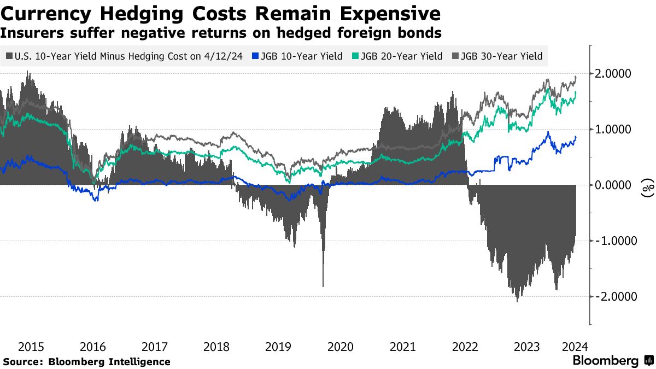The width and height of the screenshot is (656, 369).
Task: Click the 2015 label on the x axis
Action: point(31,347)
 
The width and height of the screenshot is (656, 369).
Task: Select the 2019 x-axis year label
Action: point(278,347)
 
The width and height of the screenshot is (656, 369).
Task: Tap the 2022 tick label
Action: point(465,347)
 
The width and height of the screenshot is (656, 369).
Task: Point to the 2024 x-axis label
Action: point(575,347)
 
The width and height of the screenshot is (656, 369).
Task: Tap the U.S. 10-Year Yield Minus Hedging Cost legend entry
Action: point(125,56)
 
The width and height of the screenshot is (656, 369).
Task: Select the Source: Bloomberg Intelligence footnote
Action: point(86,362)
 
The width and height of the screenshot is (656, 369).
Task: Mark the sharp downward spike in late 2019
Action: point(323,282)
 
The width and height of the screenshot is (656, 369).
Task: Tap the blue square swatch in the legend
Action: point(255,56)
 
